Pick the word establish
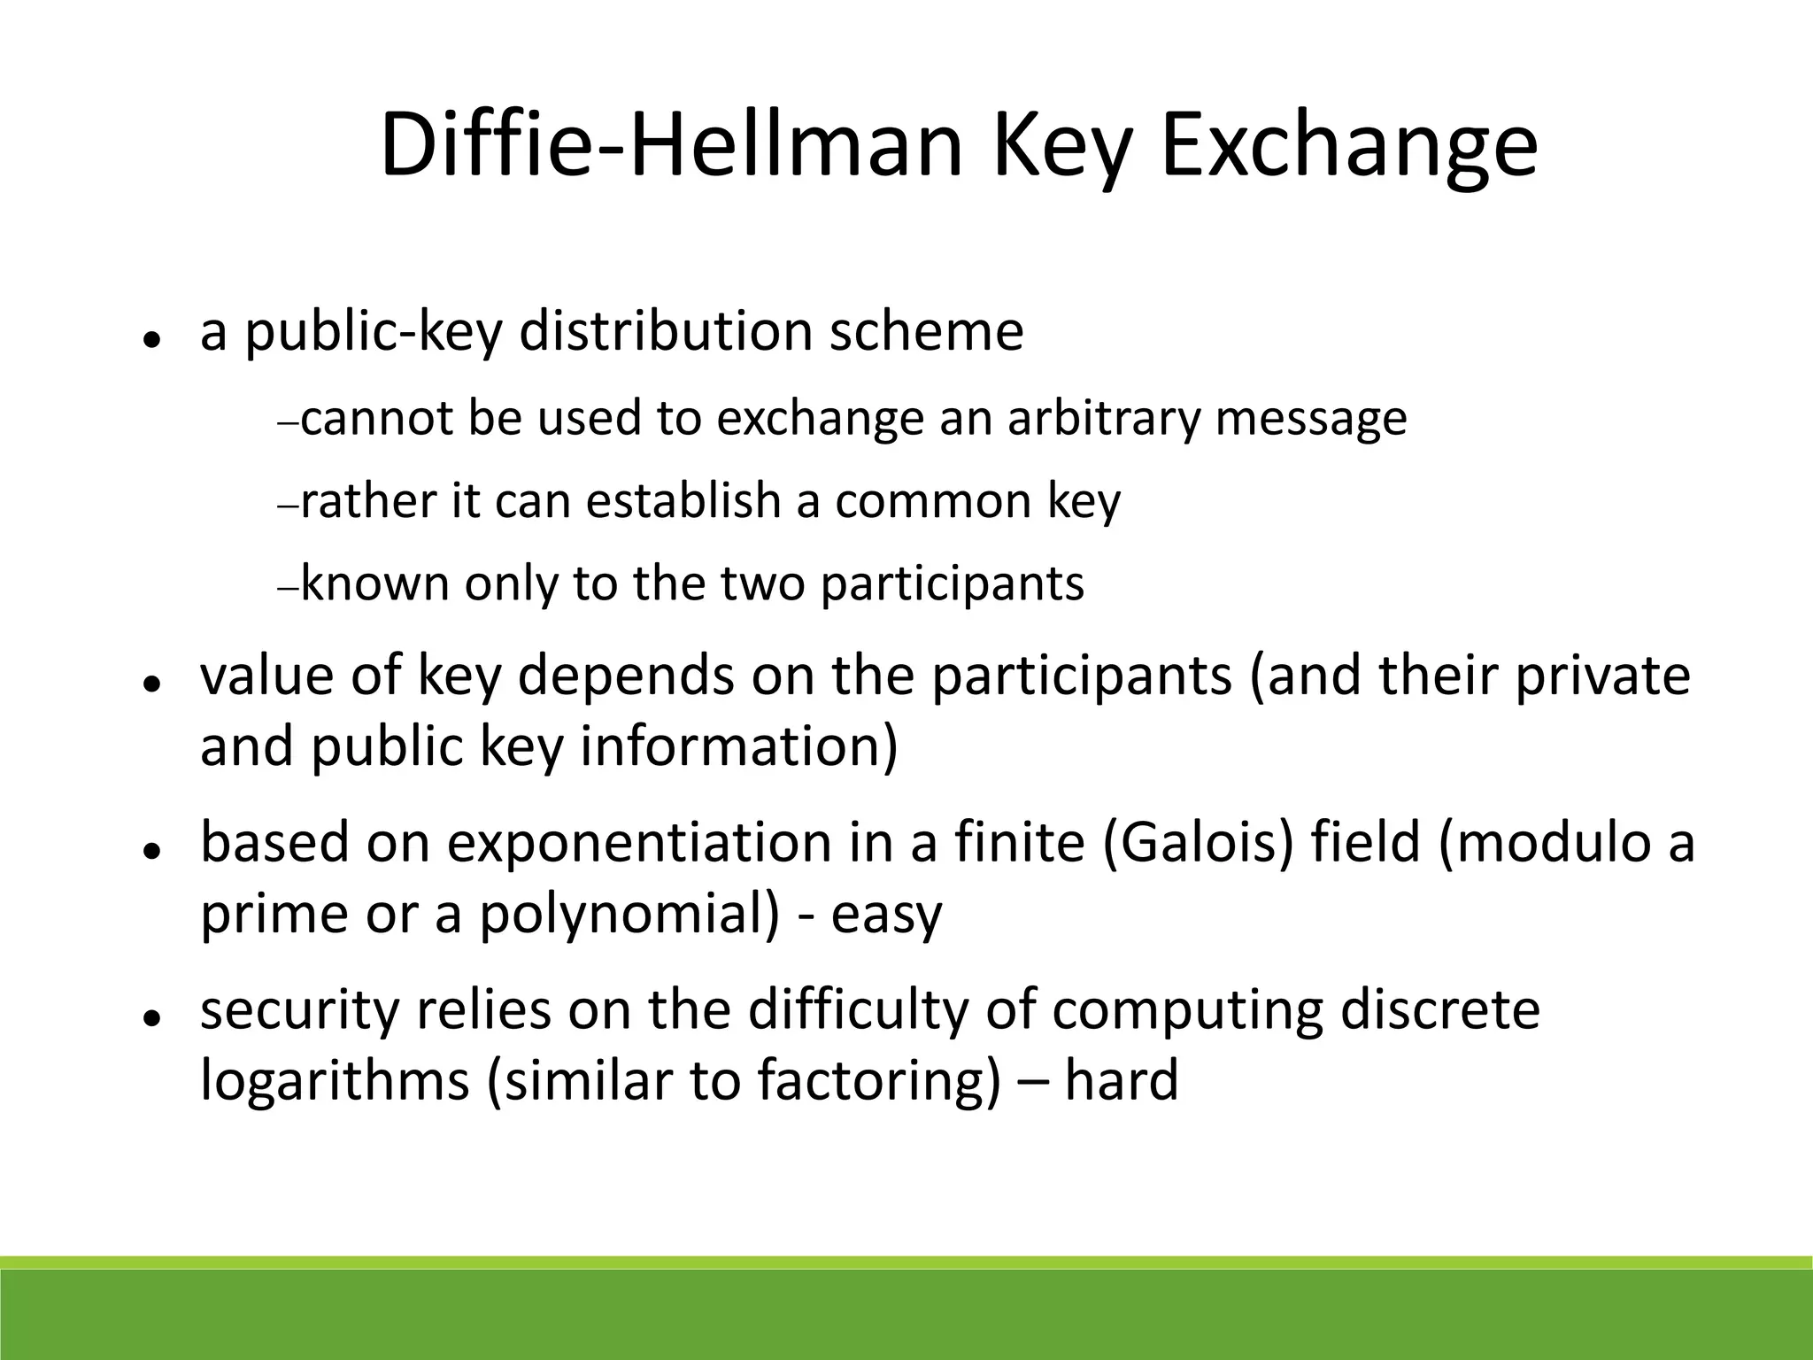point(683,500)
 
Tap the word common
point(933,500)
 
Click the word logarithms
point(335,1080)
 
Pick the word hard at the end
point(1121,1080)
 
